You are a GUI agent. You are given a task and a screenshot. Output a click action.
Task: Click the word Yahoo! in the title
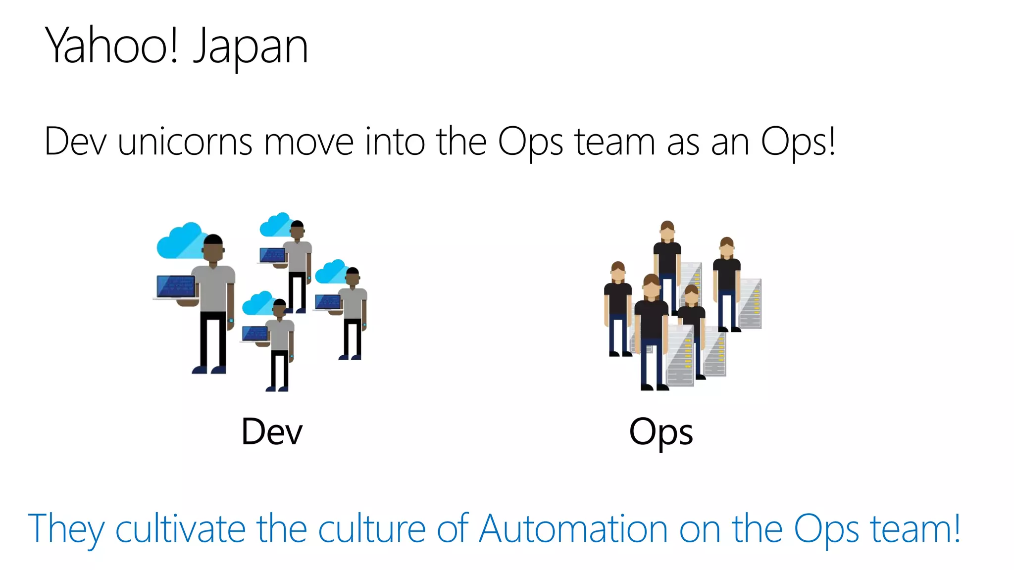(111, 46)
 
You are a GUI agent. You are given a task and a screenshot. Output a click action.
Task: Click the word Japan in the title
(251, 47)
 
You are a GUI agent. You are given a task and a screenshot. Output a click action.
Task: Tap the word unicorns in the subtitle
(185, 142)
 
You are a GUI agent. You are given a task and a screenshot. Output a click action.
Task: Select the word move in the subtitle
(308, 142)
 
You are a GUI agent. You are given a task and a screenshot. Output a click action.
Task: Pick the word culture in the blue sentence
(371, 529)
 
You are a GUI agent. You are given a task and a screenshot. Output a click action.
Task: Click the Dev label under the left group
(272, 431)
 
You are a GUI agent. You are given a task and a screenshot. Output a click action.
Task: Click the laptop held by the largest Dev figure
(176, 287)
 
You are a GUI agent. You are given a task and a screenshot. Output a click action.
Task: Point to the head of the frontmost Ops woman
(652, 286)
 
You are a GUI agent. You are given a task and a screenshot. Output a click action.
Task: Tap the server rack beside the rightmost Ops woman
(751, 303)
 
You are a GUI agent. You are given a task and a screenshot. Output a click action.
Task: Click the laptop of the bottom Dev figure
(255, 334)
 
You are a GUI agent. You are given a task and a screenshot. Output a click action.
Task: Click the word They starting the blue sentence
(66, 529)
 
